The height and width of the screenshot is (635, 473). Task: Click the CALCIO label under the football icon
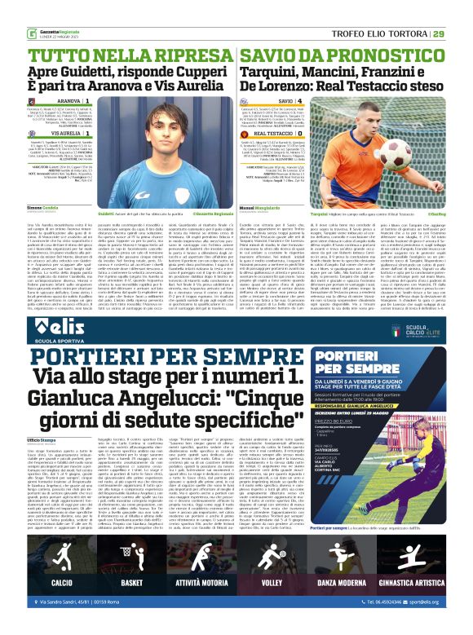point(62,584)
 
